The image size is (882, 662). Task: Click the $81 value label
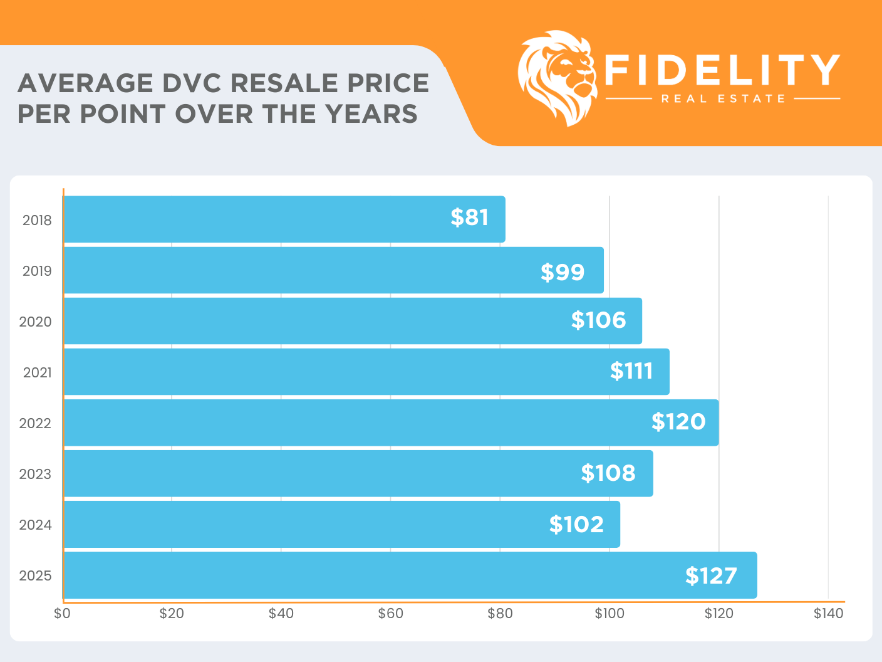point(469,218)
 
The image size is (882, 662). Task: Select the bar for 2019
point(333,270)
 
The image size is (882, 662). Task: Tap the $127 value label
point(711,575)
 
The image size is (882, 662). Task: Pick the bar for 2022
point(391,423)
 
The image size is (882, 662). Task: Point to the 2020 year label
point(35,322)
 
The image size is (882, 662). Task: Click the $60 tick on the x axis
point(390,614)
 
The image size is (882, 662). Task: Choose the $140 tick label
point(828,614)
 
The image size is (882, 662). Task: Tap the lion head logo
point(556,78)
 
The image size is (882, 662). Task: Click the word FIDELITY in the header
point(722,70)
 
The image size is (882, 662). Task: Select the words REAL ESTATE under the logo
point(723,99)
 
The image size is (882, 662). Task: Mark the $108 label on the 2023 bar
point(608,473)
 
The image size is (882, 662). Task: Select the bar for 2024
point(341,524)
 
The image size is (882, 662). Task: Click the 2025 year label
point(35,576)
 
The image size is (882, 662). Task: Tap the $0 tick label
point(62,614)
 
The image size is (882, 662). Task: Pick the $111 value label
point(631,371)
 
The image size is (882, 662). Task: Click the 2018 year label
point(37,221)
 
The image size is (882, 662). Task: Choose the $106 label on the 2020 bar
point(598,320)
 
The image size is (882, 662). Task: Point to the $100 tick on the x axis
point(609,614)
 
